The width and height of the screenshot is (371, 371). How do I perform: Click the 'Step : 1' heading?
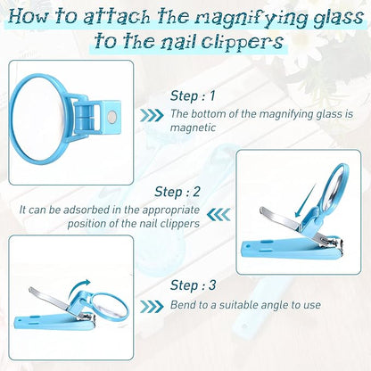coord(193,95)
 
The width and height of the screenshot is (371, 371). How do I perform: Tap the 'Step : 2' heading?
coord(177,192)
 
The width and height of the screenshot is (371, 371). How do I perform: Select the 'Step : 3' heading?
coord(193,285)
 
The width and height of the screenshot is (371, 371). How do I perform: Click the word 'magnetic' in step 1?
coord(193,128)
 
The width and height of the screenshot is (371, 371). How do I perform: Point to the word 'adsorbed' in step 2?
coord(86,210)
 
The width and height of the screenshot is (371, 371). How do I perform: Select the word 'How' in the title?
coord(29,17)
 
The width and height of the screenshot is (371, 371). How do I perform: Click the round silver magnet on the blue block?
coord(112,116)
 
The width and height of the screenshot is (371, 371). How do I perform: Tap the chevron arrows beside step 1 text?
coord(152,115)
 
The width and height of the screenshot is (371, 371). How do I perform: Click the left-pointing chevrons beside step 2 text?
coord(218,214)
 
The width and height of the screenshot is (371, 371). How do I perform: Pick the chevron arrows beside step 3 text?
coord(152,306)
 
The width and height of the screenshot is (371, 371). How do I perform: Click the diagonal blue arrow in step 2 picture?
coord(304,201)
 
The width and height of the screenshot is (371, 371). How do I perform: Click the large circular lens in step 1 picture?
coord(38,120)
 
